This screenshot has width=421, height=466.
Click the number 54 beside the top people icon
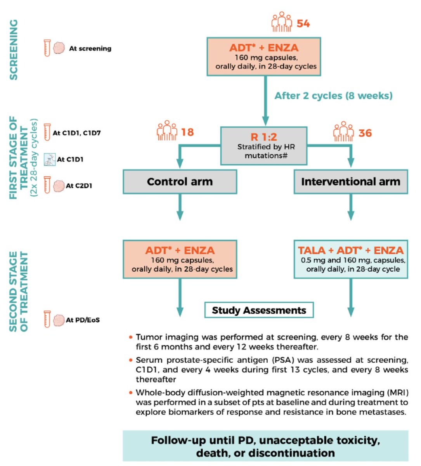click(303, 23)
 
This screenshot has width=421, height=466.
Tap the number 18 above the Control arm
click(187, 132)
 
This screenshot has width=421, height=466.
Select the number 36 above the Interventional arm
click(365, 133)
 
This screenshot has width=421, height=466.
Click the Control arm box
click(180, 182)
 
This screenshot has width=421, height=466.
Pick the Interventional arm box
click(351, 182)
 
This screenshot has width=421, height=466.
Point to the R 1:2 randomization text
click(264, 137)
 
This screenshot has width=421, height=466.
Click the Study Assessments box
click(259, 310)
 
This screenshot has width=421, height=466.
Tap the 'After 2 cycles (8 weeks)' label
click(333, 96)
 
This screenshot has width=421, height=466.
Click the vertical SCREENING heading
click(14, 50)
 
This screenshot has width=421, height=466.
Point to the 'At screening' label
click(90, 48)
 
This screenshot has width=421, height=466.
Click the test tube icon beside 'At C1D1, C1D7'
click(47, 132)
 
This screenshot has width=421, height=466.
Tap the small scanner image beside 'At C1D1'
click(50, 159)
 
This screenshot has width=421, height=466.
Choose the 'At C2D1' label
click(79, 186)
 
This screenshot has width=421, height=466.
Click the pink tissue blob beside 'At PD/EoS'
click(59, 320)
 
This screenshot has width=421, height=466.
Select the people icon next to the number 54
click(282, 22)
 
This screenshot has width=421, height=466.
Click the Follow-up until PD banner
click(265, 446)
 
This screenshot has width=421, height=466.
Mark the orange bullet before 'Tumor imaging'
click(131, 337)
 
